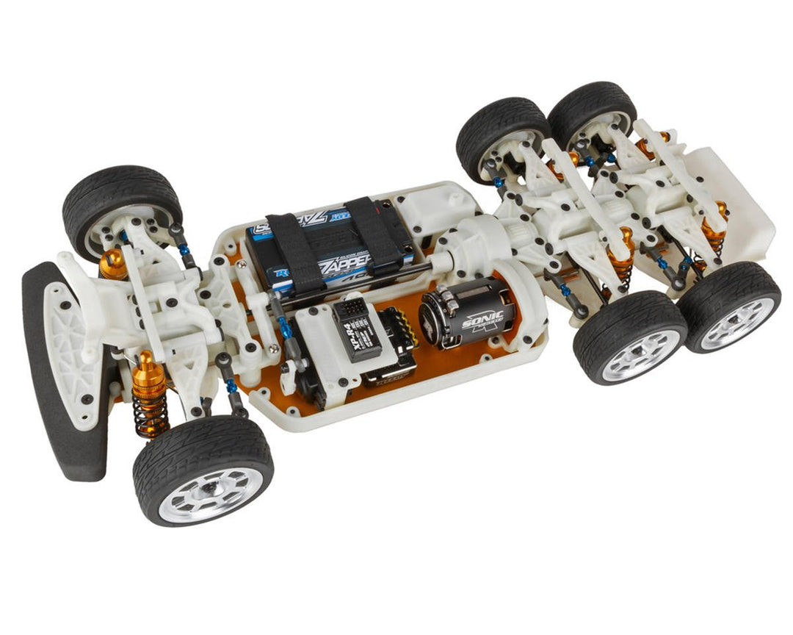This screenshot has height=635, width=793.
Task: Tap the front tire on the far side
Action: [x=121, y=198]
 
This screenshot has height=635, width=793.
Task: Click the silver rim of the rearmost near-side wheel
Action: [x=738, y=322]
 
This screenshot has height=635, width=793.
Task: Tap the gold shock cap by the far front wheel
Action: [x=113, y=262]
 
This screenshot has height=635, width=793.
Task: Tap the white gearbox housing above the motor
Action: [x=477, y=246]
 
